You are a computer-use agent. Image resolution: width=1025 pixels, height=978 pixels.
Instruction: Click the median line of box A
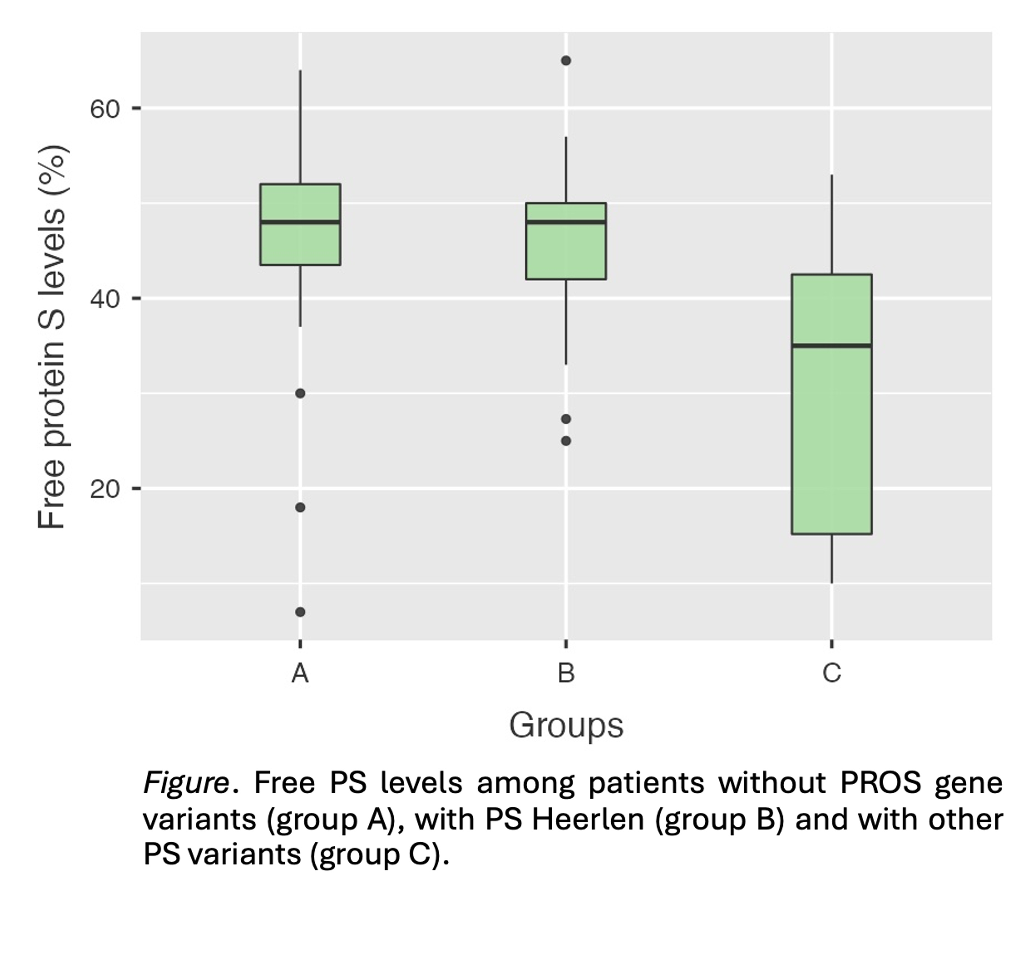pyautogui.click(x=300, y=221)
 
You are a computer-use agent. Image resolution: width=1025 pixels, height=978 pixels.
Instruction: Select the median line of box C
pyautogui.click(x=831, y=345)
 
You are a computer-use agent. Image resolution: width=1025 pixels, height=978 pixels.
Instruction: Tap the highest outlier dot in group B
pyautogui.click(x=566, y=61)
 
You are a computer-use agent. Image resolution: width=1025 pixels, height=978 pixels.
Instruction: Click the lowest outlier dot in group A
pyautogui.click(x=300, y=612)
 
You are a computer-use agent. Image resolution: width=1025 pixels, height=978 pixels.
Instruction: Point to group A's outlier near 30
pyautogui.click(x=300, y=393)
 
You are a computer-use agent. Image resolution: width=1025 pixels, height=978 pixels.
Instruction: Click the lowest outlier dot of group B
pyautogui.click(x=566, y=441)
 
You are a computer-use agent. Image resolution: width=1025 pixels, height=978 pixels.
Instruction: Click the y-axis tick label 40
pyautogui.click(x=104, y=299)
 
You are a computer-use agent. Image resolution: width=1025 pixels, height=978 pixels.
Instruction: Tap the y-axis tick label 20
pyautogui.click(x=104, y=489)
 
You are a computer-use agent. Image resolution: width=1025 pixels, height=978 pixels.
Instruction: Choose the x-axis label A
pyautogui.click(x=300, y=673)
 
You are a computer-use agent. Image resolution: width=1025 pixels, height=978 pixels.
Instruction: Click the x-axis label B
pyautogui.click(x=566, y=673)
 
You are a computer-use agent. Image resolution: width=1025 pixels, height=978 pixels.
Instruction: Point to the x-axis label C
pyautogui.click(x=831, y=673)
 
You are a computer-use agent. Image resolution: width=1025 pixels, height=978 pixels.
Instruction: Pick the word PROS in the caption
pyautogui.click(x=880, y=782)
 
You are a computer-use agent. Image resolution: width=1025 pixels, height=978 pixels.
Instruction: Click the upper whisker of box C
pyautogui.click(x=831, y=224)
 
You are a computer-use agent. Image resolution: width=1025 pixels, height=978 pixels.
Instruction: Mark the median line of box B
pyautogui.click(x=566, y=221)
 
